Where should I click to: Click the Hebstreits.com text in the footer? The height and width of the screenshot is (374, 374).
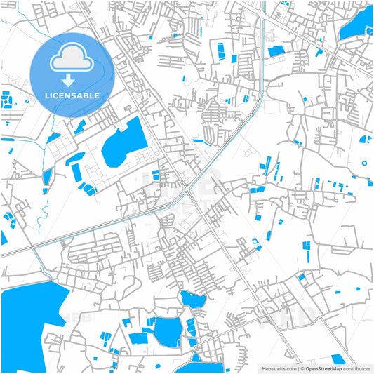click(x=278, y=368)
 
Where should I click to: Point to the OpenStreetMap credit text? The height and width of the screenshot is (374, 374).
click(x=323, y=368)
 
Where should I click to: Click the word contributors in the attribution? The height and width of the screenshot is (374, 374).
click(x=357, y=368)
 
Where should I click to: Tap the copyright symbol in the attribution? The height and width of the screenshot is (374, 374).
click(x=302, y=368)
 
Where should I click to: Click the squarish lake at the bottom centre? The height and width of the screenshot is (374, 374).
click(x=167, y=331)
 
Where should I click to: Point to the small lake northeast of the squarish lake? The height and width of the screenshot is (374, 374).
click(x=192, y=299)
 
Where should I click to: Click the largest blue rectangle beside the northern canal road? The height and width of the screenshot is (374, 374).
click(x=276, y=51)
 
